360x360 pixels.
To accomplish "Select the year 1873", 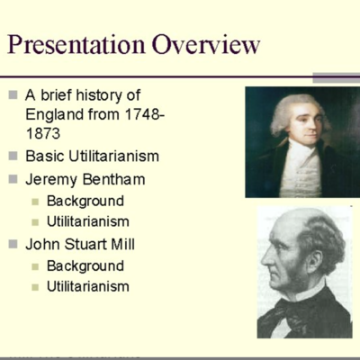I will tap(44, 134).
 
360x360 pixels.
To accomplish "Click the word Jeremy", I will tap(51, 178).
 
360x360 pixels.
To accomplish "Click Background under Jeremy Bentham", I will tap(85, 201).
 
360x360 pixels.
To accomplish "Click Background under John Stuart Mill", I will tap(85, 265).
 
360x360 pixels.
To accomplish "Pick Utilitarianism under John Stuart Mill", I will tap(88, 286).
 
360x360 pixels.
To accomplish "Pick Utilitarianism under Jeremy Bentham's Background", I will tap(88, 220).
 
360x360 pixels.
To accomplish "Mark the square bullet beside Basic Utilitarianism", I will tap(13, 157).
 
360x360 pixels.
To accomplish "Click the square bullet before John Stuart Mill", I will tap(13, 244).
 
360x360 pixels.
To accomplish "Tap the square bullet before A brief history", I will tap(13, 94).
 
